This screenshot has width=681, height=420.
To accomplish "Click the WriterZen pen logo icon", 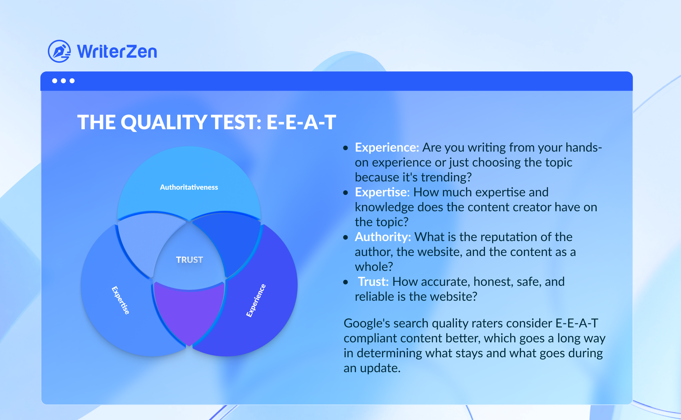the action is coord(59,51).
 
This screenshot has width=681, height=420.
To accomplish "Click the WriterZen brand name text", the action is coord(117,52).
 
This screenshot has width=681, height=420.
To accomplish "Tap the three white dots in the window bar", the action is coord(63,81).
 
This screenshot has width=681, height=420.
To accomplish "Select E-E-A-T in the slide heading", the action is coord(301,122).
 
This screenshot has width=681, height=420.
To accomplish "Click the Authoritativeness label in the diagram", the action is coord(189,187).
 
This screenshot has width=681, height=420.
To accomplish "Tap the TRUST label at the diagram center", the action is coord(190,260).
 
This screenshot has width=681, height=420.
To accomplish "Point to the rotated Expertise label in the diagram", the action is coord(121,300).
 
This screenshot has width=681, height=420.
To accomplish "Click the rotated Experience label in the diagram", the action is coord(256,300).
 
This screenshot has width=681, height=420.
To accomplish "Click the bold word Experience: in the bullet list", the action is coord(387,148).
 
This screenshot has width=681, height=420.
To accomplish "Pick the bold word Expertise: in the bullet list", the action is coord(382,192).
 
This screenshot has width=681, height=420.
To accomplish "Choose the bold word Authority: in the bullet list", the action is coord(383,237).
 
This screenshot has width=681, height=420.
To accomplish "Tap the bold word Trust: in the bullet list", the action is coord(373,282).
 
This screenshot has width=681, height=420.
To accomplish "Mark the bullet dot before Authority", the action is coord(346,238).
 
